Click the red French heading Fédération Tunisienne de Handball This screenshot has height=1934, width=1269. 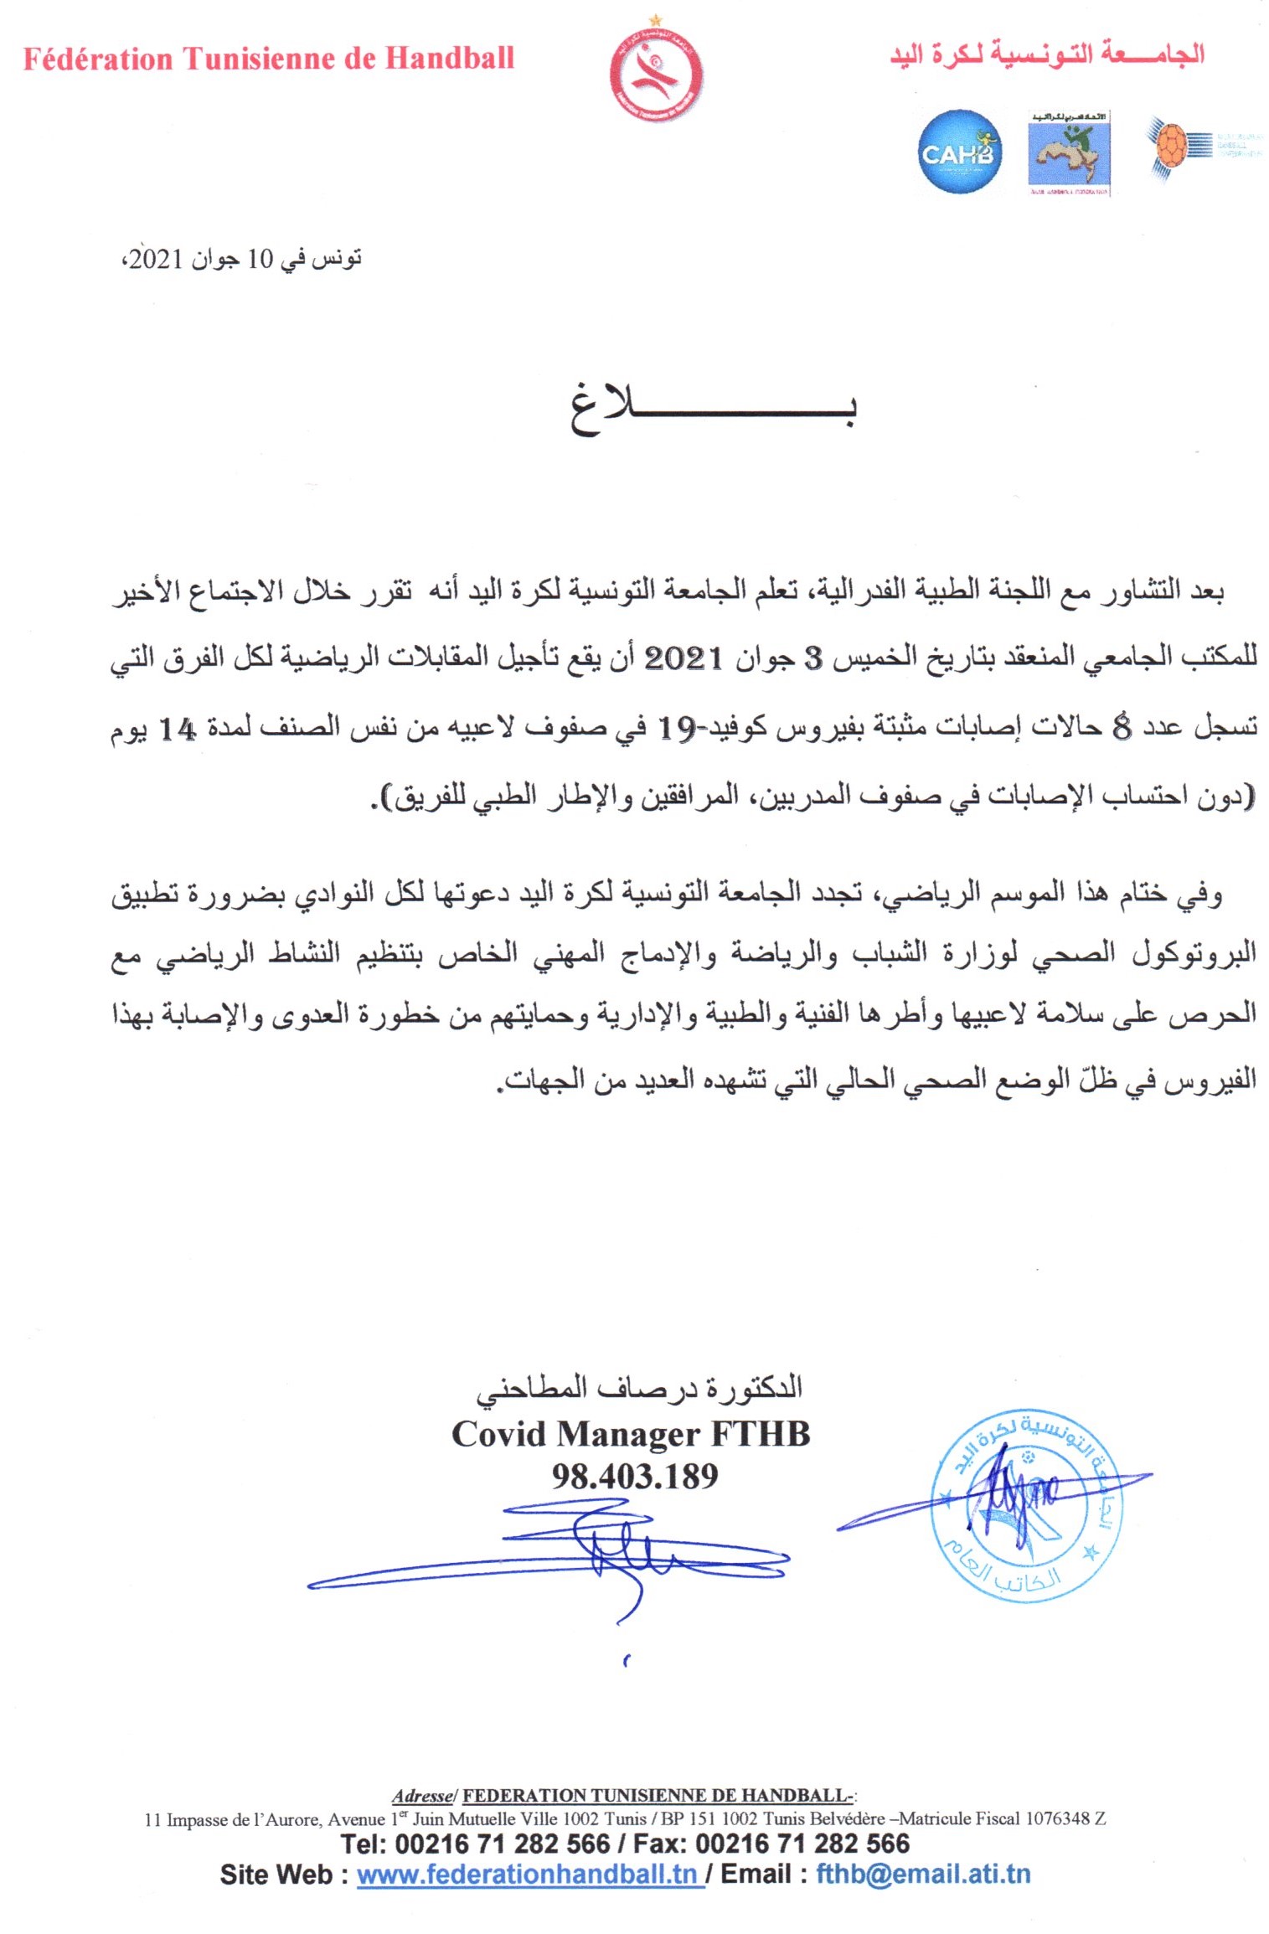(268, 59)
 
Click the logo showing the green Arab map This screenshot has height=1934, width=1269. (1069, 152)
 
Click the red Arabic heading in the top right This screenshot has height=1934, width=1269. (1047, 55)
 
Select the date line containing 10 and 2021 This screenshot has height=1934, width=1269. (243, 259)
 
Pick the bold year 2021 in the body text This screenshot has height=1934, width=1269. (683, 658)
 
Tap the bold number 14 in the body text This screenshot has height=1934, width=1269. (177, 730)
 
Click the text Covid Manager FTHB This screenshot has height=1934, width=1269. (631, 1435)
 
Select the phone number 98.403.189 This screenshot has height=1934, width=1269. (634, 1476)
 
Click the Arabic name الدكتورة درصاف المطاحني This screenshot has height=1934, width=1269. (639, 1388)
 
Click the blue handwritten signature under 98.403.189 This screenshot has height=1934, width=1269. (570, 1550)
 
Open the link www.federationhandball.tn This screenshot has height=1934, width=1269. (527, 1875)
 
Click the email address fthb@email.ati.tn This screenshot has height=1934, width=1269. (923, 1875)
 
